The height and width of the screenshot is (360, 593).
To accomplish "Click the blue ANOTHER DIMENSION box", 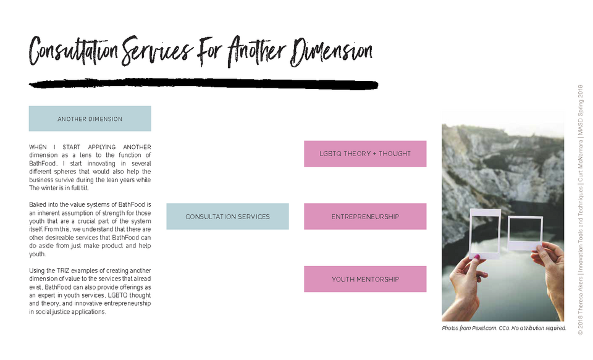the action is click(x=90, y=119).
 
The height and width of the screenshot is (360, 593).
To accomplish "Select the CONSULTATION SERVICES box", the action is click(x=228, y=216).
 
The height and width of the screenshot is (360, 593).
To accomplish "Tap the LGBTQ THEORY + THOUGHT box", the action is click(x=365, y=154).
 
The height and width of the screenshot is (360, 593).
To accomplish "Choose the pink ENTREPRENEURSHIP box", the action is click(x=365, y=216).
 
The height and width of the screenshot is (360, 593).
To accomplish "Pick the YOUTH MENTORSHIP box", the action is click(x=365, y=279).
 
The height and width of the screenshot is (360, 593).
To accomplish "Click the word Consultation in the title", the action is click(x=74, y=51).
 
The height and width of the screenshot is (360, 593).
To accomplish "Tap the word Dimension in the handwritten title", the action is click(x=331, y=52).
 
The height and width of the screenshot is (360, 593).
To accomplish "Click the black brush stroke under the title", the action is click(x=203, y=84).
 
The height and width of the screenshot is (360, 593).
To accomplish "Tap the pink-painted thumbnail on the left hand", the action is click(x=477, y=257).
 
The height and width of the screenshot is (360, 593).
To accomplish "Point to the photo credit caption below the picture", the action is click(x=504, y=328).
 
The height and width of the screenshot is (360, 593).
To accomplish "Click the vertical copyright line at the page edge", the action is click(x=581, y=210).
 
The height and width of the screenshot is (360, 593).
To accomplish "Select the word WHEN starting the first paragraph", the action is click(x=38, y=147).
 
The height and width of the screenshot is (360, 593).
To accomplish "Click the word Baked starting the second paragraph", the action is click(x=36, y=204).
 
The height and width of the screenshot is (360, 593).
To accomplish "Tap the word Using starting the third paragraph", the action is click(x=36, y=270).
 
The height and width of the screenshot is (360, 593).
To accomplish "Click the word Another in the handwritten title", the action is click(x=257, y=51).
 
